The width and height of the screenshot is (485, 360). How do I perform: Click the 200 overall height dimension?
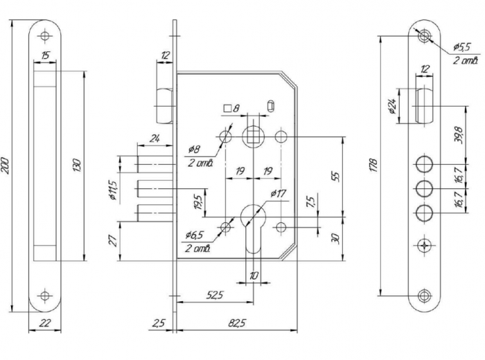tap(6, 164)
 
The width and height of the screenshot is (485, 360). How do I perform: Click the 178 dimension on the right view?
tap(373, 165)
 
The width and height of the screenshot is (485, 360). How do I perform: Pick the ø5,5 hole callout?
tap(462, 47)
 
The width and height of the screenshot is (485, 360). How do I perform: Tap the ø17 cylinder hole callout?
tap(278, 193)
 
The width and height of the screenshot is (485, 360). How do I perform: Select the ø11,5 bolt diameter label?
tap(113, 187)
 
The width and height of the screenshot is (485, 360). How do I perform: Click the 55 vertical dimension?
tap(336, 175)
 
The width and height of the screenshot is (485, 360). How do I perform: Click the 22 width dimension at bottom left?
tap(44, 322)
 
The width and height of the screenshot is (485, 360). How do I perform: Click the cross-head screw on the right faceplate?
tap(424, 246)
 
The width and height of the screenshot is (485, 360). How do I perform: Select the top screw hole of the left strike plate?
tap(45, 35)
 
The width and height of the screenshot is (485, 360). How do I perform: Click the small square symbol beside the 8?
tap(227, 109)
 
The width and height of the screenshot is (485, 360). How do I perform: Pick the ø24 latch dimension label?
tap(392, 106)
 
